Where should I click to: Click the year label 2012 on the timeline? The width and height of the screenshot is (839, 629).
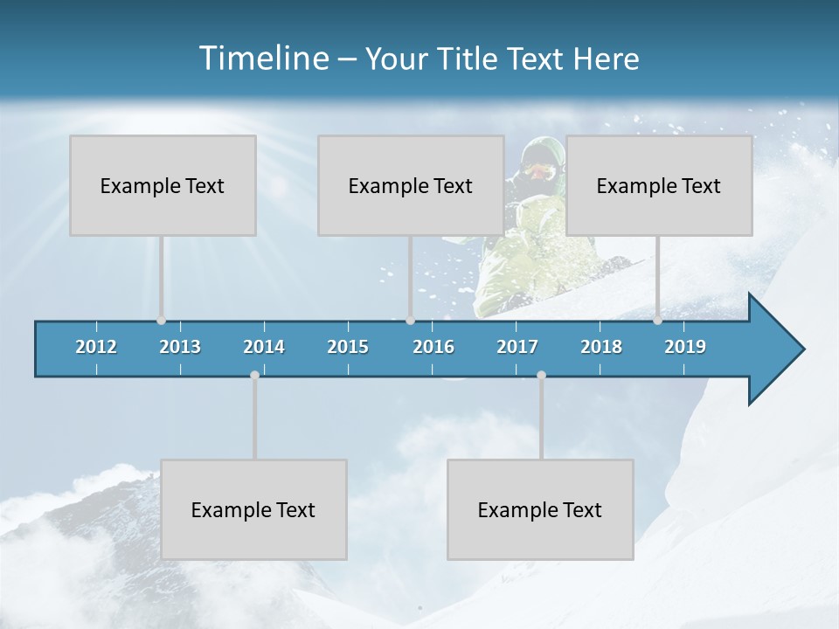(96, 347)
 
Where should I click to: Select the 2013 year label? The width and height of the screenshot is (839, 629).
(180, 347)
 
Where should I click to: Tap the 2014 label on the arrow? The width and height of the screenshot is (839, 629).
(264, 347)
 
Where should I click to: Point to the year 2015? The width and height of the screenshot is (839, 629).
(348, 347)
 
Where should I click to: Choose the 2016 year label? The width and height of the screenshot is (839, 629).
(433, 347)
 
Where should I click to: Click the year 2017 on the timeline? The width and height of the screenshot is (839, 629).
(517, 347)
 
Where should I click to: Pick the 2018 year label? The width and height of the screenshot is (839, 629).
(601, 347)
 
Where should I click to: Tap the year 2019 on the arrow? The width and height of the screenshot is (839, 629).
(685, 347)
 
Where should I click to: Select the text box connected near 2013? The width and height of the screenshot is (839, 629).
(163, 185)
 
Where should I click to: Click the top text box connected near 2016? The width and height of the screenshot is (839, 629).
(411, 185)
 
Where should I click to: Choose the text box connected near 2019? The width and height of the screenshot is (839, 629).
(659, 185)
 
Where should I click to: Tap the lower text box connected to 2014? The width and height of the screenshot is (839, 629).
(253, 509)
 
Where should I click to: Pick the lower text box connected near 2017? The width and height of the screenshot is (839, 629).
(540, 509)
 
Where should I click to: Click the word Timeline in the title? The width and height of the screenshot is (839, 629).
(262, 59)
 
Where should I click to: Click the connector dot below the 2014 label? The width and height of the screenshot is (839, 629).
(254, 376)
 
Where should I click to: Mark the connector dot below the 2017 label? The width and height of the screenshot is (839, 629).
(541, 376)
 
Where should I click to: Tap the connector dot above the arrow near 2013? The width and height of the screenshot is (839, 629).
(161, 321)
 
